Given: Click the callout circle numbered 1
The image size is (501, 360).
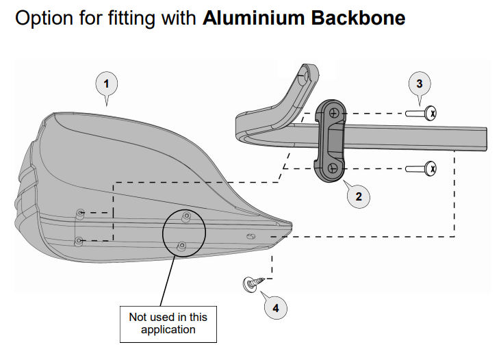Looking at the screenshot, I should (x=105, y=85).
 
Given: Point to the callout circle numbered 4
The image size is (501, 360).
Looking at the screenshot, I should (x=276, y=307).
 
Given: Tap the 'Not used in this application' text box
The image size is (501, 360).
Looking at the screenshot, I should (x=168, y=323).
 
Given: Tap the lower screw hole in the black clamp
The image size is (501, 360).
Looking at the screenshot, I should (x=331, y=167).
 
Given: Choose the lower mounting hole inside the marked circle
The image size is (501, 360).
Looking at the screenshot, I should (x=181, y=245).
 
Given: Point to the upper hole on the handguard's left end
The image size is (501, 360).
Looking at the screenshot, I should (x=81, y=214).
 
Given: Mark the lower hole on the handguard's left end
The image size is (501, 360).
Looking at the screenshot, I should (x=79, y=240).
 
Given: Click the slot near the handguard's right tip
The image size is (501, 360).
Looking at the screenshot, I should (x=251, y=236).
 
